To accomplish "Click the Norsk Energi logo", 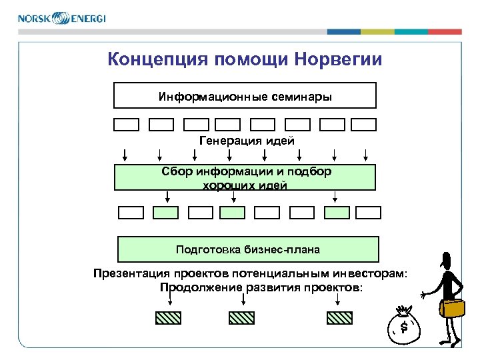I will tap(61, 18).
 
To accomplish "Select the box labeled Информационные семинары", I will tap(245, 95).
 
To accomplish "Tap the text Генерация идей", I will tap(246, 140).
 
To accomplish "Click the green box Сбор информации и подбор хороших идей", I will tap(245, 178).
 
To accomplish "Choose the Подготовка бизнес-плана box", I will tap(248, 249).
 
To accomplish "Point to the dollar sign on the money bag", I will tap(404, 326).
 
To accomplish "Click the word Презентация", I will tap(131, 273).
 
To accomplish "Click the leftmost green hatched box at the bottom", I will tap(168, 317).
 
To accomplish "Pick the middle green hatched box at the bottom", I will tap(243, 317).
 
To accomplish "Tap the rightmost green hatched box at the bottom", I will tap(339, 317).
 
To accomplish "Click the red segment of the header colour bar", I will tap(445, 31).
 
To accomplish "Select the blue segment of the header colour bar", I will tap(344, 31).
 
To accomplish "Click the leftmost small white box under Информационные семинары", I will tap(126, 124).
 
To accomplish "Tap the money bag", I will tap(405, 326).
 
